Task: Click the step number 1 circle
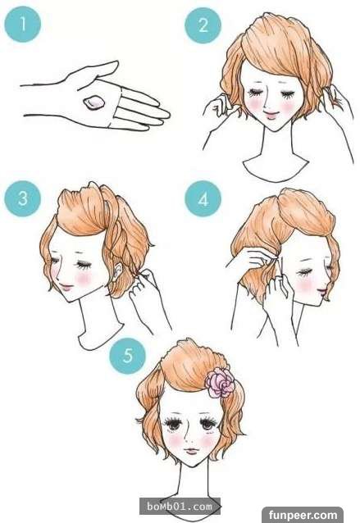pos(23,24)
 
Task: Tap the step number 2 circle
pos(203,25)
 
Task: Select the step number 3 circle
pos(23,198)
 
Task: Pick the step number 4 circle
pos(203,198)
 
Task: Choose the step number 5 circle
pos(128,356)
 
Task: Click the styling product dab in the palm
pos(93,102)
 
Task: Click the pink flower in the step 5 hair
pos(220,382)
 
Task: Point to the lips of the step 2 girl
pos(271,116)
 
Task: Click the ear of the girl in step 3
pos(117,271)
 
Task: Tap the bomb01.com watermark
pos(180,507)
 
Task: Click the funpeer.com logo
pos(303,515)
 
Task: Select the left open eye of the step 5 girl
pos(173,423)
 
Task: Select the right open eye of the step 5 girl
pos(207,424)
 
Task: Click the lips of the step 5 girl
pos(192,451)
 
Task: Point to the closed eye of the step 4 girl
pos(305,272)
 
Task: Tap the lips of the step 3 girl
pos(66,287)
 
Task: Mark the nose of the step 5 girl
pos(189,437)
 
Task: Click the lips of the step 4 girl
pos(323,293)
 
